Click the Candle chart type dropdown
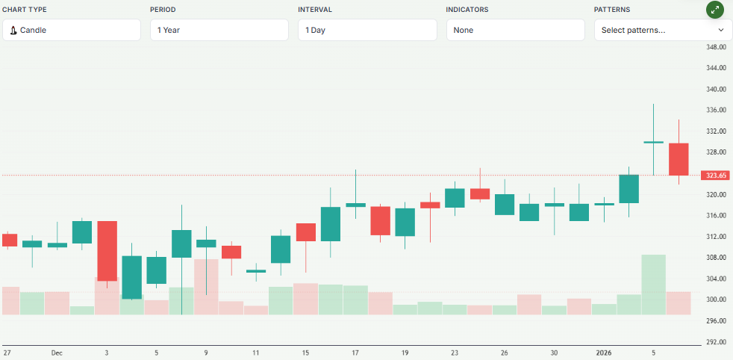click(x=72, y=30)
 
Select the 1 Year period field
click(x=219, y=30)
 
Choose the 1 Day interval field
click(x=366, y=30)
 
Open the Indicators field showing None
click(x=515, y=30)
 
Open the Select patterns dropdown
click(x=663, y=30)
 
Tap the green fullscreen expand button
click(x=715, y=10)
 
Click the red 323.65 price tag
click(x=716, y=176)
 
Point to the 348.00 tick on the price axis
click(x=716, y=47)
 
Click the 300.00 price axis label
click(x=716, y=300)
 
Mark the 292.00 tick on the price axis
click(x=716, y=342)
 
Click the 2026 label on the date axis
click(x=604, y=352)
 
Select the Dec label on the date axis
click(x=57, y=352)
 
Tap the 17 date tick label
click(x=355, y=352)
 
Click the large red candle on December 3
click(x=107, y=250)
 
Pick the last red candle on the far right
click(x=679, y=158)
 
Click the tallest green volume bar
click(x=653, y=285)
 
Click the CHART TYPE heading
click(x=25, y=10)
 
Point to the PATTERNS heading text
click(x=612, y=10)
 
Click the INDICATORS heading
click(x=467, y=10)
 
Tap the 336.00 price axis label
click(x=716, y=111)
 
